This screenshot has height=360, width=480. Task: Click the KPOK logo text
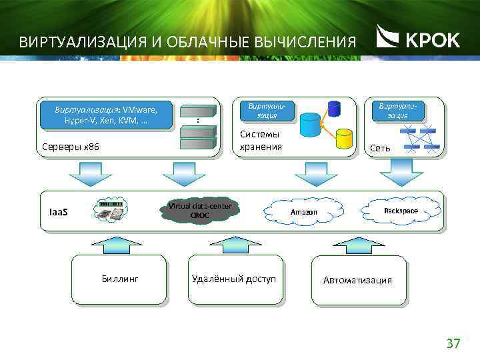432,40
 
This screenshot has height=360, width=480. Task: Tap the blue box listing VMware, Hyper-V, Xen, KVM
106,115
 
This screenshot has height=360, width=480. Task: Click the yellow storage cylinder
344,138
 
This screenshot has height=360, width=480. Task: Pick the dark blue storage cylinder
333,108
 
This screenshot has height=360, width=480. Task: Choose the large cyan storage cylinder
310,125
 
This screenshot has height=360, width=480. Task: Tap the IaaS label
59,212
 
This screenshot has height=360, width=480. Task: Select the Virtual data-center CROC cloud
199,211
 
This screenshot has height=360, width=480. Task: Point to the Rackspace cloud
401,211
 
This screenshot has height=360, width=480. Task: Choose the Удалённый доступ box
233,279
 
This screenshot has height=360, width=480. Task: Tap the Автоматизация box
358,281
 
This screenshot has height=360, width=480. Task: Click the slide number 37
453,343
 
